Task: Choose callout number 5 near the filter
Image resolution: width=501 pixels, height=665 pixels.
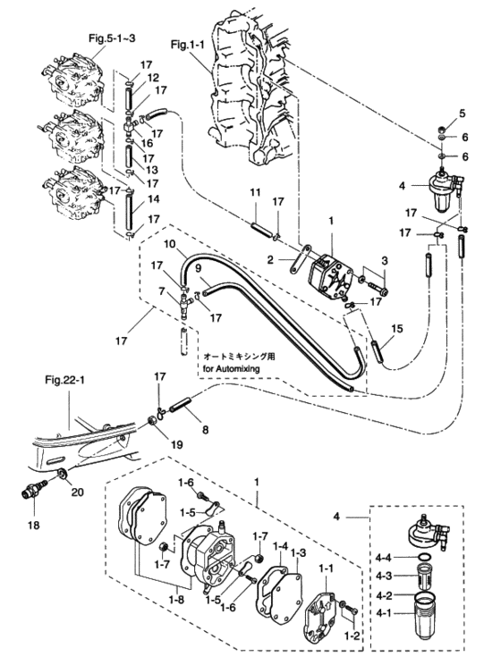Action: click(x=463, y=113)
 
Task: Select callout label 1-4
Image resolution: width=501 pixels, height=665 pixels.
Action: click(x=280, y=545)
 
